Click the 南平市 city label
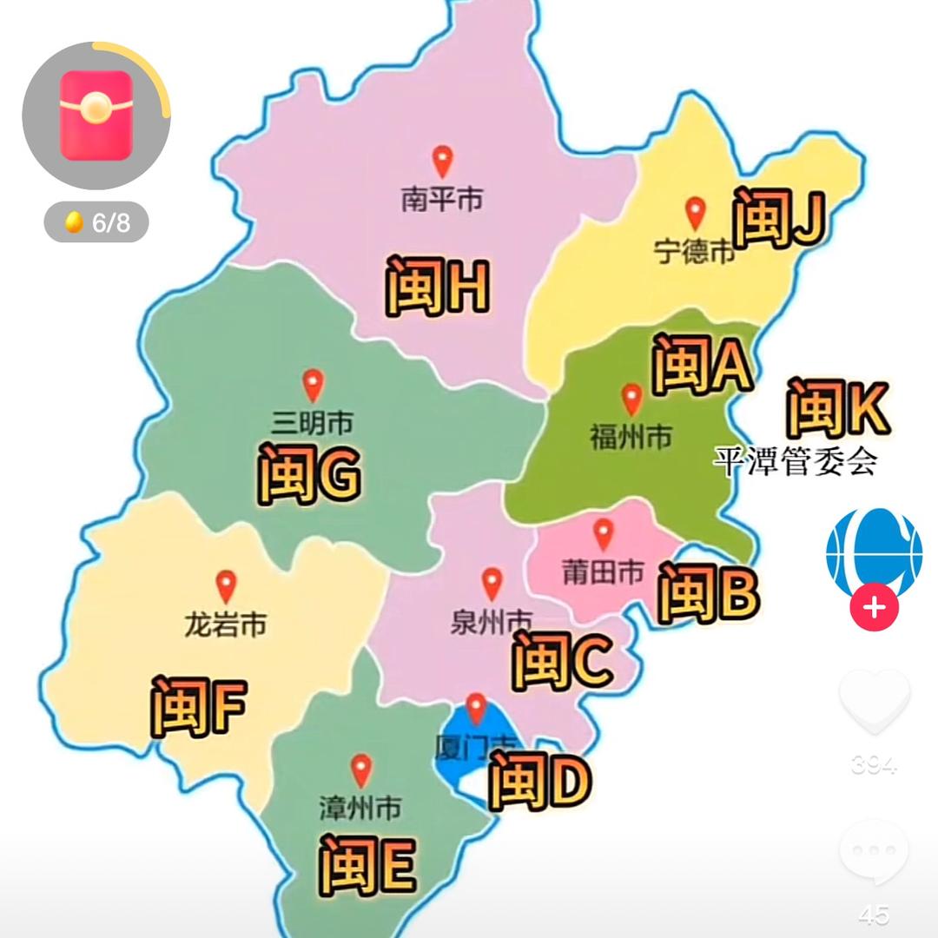pos(442,201)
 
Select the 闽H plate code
pos(437,286)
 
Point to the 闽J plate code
pos(777,218)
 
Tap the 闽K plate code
pos(837,408)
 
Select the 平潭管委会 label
pos(795,460)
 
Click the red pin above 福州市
pos(632,400)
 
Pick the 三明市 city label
pos(312,423)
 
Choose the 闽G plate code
pos(309,474)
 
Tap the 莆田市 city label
pos(603,571)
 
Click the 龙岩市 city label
pos(226,624)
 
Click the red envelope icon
pos(96,116)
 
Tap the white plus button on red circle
pos(874,607)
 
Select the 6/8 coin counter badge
pos(96,222)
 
